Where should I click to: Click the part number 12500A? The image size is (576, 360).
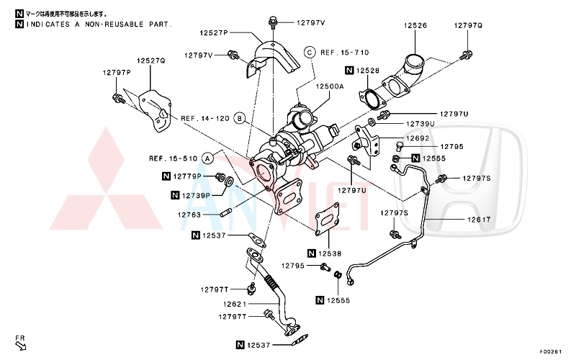pos(329,86)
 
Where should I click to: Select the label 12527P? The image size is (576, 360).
pos(214,33)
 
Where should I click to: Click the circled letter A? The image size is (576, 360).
pos(207,158)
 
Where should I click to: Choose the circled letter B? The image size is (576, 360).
pos(239,118)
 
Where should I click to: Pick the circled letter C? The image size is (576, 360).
pos(309,52)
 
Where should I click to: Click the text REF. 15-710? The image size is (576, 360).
pos(344,53)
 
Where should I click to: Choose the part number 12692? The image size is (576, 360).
pos(417,138)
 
